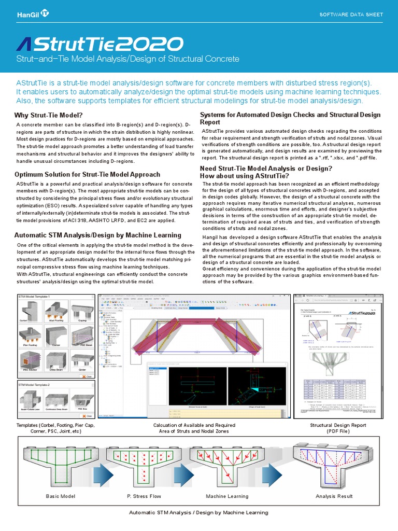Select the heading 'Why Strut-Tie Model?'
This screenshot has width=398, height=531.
tap(49, 115)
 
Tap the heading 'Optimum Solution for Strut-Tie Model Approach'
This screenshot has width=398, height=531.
tap(88, 174)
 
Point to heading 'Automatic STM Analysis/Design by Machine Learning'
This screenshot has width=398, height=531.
tap(97, 235)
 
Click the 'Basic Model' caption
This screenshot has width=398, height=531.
tap(61, 496)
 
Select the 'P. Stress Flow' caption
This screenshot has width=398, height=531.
tap(144, 496)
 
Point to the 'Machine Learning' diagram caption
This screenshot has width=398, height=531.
tap(227, 496)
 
